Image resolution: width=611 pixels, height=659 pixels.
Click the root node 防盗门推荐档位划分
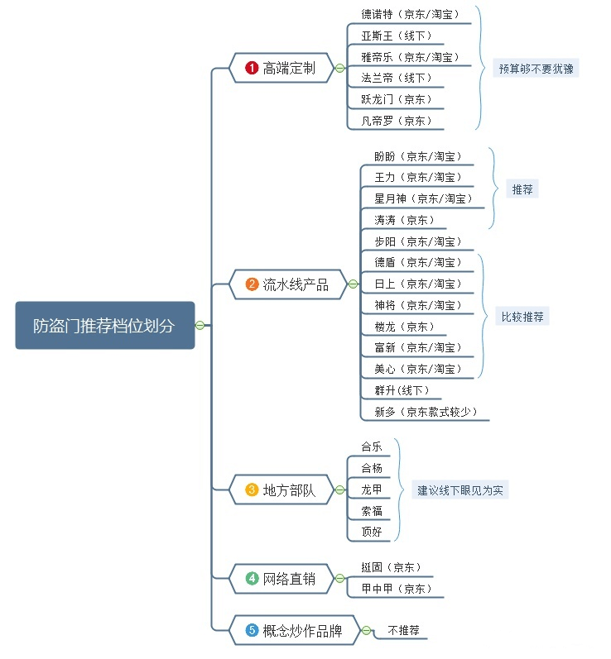(x=105, y=325)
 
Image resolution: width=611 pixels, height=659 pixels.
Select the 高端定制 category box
(x=281, y=69)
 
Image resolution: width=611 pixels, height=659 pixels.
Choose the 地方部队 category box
(x=281, y=489)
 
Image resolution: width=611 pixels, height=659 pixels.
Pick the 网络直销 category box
(x=281, y=579)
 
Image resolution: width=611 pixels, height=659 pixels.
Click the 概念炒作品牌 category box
(x=294, y=631)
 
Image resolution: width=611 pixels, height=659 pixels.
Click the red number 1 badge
(x=252, y=69)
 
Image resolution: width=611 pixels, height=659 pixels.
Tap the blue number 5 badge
(x=252, y=631)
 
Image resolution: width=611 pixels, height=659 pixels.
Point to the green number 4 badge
(x=252, y=579)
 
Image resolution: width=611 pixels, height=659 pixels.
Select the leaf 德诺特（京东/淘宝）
(x=409, y=14)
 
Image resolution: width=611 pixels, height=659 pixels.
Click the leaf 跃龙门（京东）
(x=397, y=99)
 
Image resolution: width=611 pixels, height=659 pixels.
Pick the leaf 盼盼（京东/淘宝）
(x=417, y=156)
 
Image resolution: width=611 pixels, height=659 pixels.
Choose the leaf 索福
(x=372, y=511)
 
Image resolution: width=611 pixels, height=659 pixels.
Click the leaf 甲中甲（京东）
(x=397, y=589)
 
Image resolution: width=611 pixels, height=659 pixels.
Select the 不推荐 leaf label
(x=403, y=630)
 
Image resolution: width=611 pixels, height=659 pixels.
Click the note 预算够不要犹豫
(x=535, y=69)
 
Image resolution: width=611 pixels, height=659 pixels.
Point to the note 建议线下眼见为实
(x=460, y=489)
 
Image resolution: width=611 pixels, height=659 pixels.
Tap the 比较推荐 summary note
(x=522, y=316)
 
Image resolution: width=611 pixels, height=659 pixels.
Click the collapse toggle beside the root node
(x=200, y=325)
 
